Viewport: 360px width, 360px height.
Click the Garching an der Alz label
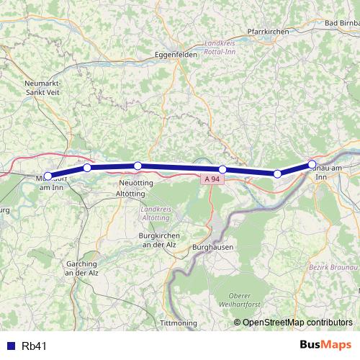(x=81, y=269)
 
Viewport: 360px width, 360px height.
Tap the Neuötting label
(x=134, y=184)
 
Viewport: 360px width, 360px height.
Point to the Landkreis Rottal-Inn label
(x=221, y=47)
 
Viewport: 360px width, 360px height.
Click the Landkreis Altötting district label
(x=152, y=212)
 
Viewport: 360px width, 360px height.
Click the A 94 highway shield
(x=211, y=178)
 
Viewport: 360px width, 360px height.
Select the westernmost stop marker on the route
(x=48, y=176)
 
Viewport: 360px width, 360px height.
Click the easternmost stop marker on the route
(x=312, y=164)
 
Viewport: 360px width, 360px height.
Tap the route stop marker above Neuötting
(x=138, y=166)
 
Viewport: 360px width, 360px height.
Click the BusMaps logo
(x=325, y=346)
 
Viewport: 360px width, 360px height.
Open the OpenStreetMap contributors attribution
(x=297, y=322)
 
